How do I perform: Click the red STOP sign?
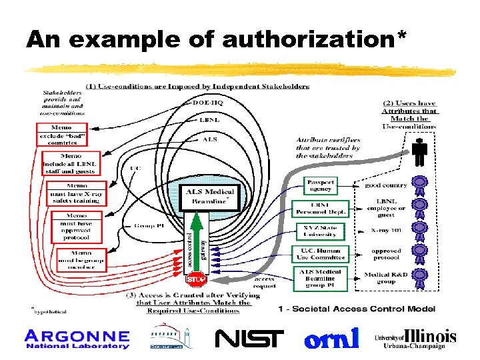pos(196,279)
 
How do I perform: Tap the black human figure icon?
pos(419,153)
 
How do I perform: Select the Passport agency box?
pos(320,185)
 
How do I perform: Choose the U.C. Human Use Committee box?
pos(320,253)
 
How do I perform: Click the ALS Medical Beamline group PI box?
pos(320,277)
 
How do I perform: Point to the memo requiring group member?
pos(76,260)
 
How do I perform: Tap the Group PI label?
pos(149,226)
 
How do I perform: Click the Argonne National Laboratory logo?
pos(77,339)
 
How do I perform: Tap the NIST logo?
pos(249,339)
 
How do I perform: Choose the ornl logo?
pos(331,339)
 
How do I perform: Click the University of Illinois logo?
pos(415,339)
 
